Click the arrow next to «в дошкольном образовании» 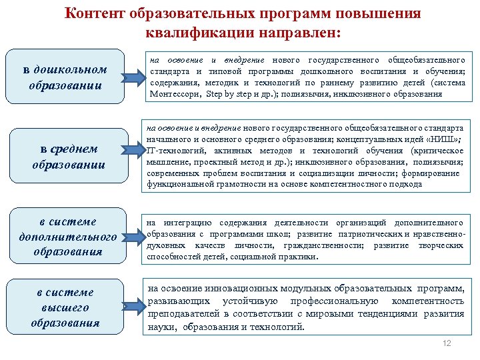coord(135,77)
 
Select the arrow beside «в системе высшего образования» coord(135,306)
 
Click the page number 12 coord(447,343)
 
